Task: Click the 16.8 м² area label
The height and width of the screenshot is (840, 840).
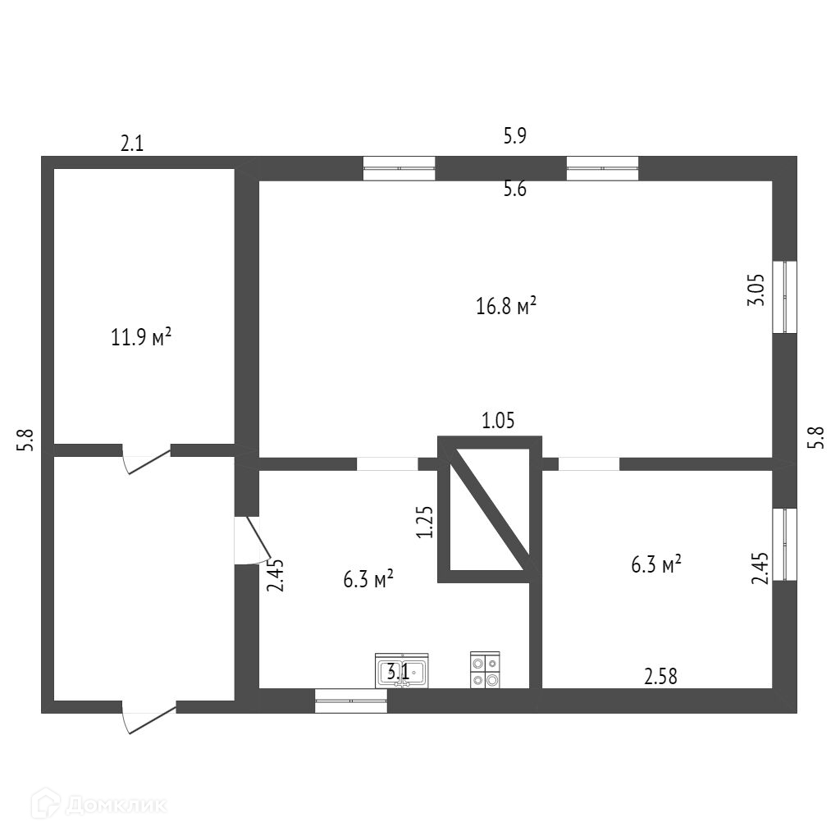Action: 506,307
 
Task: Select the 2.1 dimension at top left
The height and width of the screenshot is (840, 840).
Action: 132,144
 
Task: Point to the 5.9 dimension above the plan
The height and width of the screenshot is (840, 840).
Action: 514,136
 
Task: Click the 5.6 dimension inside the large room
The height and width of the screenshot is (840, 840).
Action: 514,189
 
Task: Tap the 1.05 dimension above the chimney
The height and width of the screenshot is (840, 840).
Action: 498,422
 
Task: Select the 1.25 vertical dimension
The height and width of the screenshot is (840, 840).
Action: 424,521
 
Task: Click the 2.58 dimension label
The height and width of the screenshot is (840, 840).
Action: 661,677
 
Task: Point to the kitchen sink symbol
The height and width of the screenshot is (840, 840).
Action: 402,670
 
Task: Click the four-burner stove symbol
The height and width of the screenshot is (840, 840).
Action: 485,669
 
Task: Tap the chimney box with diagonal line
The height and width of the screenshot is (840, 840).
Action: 489,509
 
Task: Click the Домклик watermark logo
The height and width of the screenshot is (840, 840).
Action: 98,805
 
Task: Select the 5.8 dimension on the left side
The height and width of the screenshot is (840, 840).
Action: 27,441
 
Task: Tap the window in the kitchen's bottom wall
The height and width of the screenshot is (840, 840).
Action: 351,701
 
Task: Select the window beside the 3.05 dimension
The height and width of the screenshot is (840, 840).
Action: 785,297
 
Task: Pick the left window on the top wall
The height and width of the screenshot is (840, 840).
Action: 399,168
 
